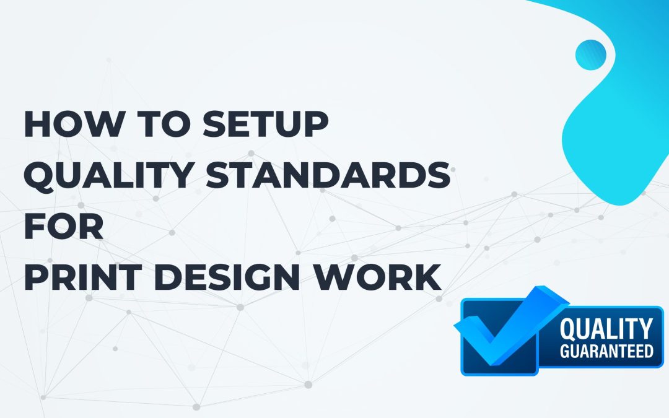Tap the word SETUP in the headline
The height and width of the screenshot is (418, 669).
point(265,124)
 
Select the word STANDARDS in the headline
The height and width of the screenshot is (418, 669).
point(328,175)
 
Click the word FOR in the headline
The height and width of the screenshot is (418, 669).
point(64,226)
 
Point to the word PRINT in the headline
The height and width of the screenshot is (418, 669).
point(83,277)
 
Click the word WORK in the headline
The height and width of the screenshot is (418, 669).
point(378,277)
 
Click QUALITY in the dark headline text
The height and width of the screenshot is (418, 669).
point(109,175)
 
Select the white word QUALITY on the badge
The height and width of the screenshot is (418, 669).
point(606,329)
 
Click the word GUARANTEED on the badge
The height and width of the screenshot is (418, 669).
point(606,351)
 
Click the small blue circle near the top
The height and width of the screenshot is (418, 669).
point(591,55)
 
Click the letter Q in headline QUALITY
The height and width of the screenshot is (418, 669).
point(40,176)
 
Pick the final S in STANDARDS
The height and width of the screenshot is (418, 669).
point(438,175)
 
